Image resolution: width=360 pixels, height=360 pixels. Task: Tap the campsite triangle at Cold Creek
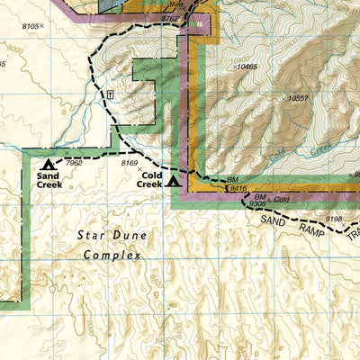click(173, 181)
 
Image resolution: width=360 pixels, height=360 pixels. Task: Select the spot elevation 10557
click(297, 98)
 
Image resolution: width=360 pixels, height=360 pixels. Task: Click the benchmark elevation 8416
click(238, 188)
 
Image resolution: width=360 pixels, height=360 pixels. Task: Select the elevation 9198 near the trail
click(335, 218)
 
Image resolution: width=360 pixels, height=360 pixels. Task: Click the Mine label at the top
click(185, 4)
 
